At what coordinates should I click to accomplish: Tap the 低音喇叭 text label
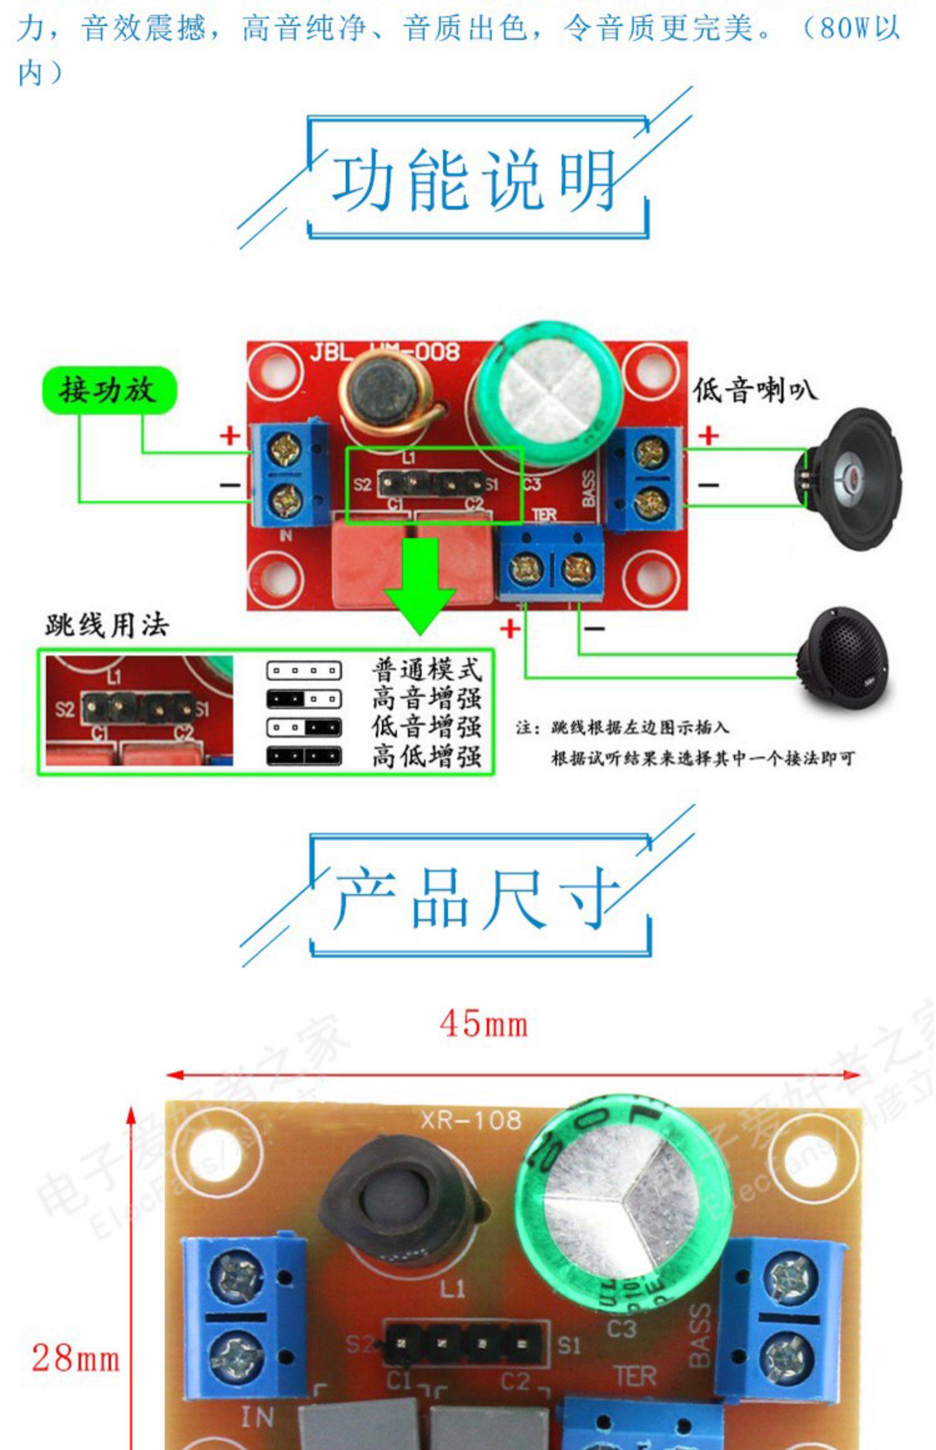(x=754, y=390)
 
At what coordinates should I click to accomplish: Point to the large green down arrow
(x=421, y=583)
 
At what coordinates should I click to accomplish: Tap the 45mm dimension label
(x=484, y=1025)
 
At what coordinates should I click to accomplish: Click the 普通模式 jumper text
(x=427, y=670)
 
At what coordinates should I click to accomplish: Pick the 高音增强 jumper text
(x=427, y=698)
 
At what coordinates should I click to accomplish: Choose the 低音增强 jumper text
(x=427, y=727)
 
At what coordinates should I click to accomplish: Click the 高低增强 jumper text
(x=427, y=756)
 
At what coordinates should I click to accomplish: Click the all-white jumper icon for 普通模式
(x=304, y=671)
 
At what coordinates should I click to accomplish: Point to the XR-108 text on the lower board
(x=471, y=1120)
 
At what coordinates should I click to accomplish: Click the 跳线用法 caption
(x=107, y=625)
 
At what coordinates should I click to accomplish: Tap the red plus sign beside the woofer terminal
(x=708, y=435)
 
